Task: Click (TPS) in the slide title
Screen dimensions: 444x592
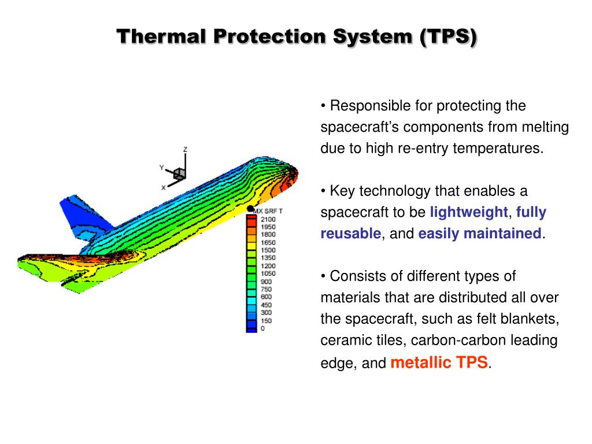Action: click(x=449, y=36)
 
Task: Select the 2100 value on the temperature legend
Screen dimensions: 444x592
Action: click(x=268, y=219)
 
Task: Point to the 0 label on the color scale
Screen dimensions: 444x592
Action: click(x=262, y=328)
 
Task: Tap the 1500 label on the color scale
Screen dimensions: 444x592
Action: click(x=268, y=250)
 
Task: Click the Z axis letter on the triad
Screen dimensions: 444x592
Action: click(x=185, y=149)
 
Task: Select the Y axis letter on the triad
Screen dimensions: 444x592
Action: click(x=162, y=168)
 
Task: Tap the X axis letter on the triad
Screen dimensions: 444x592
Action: click(x=164, y=187)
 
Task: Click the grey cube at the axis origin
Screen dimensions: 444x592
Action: click(x=179, y=173)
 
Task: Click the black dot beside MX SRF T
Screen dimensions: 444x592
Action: click(x=250, y=209)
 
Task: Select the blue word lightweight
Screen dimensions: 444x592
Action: click(x=468, y=212)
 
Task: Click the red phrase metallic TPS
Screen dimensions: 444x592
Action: click(x=439, y=362)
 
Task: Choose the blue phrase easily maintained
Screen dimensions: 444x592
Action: click(x=480, y=234)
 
